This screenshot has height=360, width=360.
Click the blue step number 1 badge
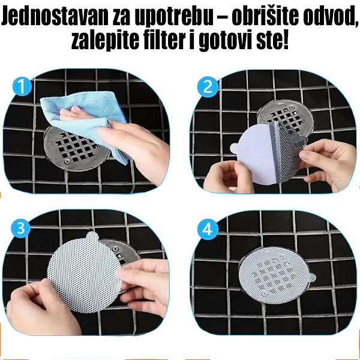[22, 88]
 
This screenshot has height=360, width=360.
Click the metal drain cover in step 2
[282, 114]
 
